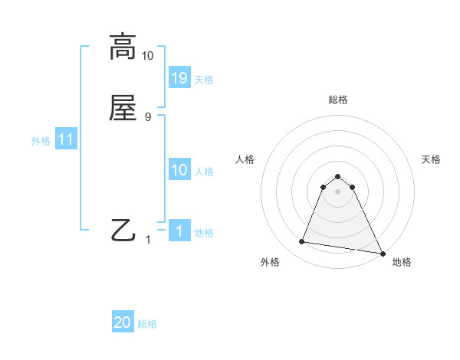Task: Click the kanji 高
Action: click(x=123, y=47)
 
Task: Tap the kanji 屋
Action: click(x=123, y=107)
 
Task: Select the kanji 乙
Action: click(x=123, y=230)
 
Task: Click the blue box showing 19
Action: click(x=179, y=77)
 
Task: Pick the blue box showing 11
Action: click(x=66, y=139)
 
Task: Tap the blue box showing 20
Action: click(x=123, y=322)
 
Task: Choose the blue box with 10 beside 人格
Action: click(x=179, y=170)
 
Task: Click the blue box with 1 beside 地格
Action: click(x=179, y=231)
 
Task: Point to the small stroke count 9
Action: click(x=148, y=116)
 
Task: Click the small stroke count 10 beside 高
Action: click(x=148, y=56)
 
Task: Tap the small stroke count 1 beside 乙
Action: click(x=148, y=240)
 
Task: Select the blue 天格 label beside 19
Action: click(x=204, y=79)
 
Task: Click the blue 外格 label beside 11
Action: click(x=41, y=141)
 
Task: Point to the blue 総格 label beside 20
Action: click(x=147, y=324)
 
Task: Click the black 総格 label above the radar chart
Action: click(x=338, y=100)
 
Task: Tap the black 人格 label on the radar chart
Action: click(x=245, y=159)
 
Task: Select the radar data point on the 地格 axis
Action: click(x=382, y=252)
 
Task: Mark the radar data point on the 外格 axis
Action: click(x=301, y=242)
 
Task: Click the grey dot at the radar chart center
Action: click(x=338, y=191)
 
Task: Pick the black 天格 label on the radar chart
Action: click(x=431, y=159)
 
